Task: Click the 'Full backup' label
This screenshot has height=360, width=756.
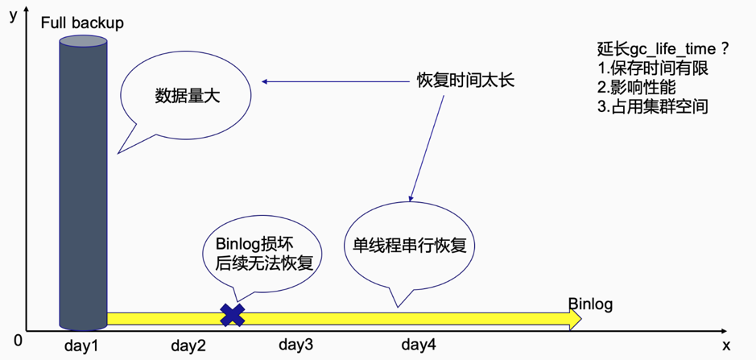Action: point(82,23)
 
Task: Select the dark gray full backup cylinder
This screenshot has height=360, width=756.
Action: point(83,177)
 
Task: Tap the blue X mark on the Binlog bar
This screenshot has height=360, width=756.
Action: point(233,315)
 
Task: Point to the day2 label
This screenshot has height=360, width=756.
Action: point(189,346)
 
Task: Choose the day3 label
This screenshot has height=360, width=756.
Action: point(295,345)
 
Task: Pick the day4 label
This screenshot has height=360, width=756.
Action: point(419,345)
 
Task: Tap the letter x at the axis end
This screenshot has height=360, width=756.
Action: point(726,345)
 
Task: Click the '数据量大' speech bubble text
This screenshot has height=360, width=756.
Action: point(187,96)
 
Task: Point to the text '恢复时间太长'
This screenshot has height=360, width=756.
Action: point(465,81)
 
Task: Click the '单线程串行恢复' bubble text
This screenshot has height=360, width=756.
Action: point(409,245)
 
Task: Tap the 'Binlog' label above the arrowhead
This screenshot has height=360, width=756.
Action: point(590,304)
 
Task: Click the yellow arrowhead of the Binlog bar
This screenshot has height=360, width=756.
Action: point(574,318)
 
